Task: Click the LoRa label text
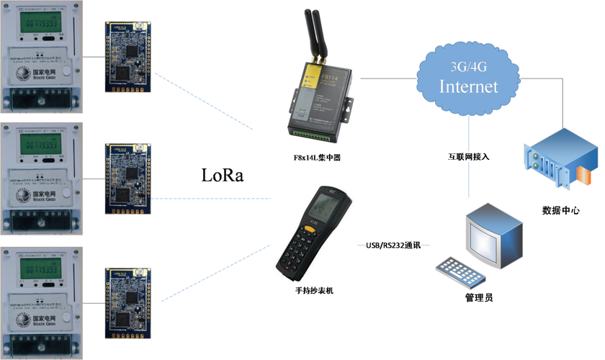222,176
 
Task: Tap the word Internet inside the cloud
468,86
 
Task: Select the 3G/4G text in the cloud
468,67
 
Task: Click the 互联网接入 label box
468,156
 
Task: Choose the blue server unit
560,163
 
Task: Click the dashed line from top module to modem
205,101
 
